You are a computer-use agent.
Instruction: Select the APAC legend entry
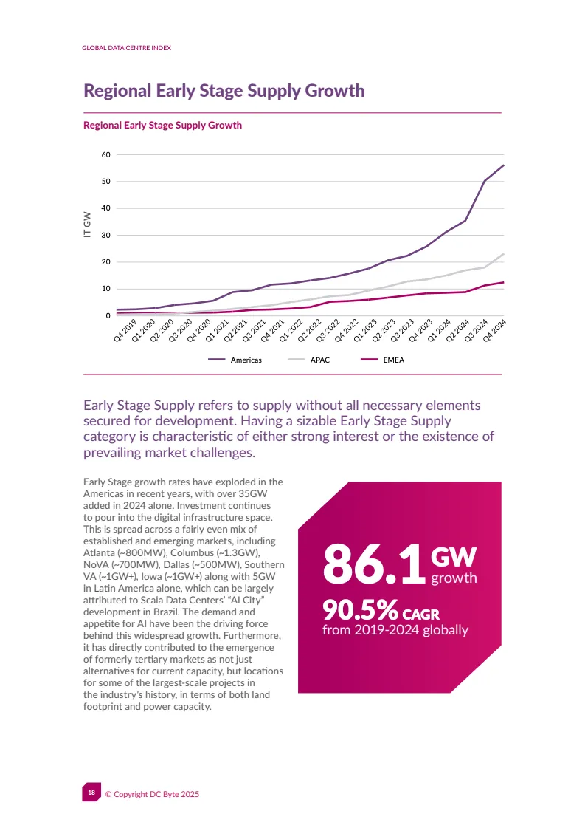(x=320, y=360)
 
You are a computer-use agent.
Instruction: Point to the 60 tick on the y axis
(x=105, y=155)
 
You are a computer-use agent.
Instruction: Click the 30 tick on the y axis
(x=105, y=236)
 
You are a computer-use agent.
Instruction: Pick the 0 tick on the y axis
(x=108, y=316)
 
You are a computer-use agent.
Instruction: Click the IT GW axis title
(x=87, y=225)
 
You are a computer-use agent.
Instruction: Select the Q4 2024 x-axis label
(x=494, y=330)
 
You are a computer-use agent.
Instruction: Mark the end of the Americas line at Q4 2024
(x=503, y=165)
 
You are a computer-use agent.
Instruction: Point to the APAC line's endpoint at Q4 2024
(x=503, y=254)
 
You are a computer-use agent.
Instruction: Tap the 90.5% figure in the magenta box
(x=360, y=610)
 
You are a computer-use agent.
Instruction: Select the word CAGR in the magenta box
(x=420, y=614)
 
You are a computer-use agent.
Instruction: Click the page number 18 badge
(x=91, y=793)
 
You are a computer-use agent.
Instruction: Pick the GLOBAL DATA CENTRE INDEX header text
(x=126, y=48)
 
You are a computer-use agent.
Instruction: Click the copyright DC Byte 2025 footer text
(x=152, y=794)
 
